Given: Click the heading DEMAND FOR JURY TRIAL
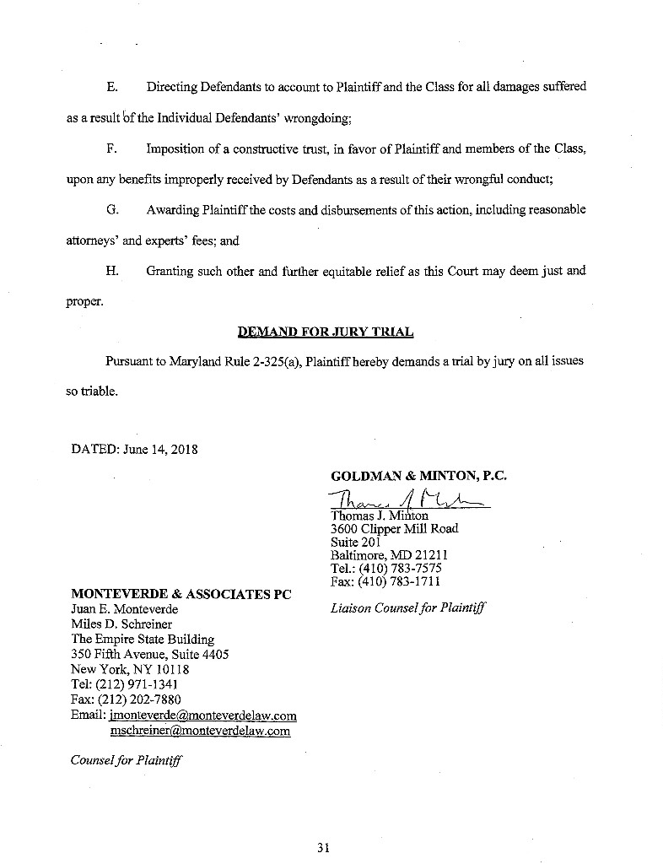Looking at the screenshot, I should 326,332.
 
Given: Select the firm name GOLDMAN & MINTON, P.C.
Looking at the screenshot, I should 419,476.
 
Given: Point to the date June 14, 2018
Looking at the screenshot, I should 159,449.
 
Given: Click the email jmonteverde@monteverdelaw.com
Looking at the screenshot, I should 202,715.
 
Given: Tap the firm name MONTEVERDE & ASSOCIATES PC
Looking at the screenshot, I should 181,594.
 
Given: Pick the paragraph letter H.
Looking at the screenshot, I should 111,272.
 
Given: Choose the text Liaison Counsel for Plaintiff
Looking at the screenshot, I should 409,607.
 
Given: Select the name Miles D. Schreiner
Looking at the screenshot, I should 121,624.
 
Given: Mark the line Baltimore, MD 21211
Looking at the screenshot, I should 389,555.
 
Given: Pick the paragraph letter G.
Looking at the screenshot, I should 111,210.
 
